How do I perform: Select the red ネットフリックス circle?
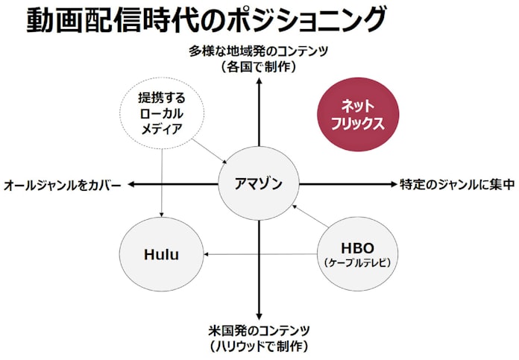coord(358,115)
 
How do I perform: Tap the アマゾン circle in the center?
coord(259,183)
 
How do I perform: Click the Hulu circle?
coord(162,254)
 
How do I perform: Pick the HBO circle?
coord(357,254)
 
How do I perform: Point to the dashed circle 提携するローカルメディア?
coord(162,113)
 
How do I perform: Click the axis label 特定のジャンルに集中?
coord(457,185)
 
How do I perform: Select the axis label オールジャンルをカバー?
coord(62,186)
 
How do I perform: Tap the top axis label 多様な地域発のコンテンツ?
coord(259,51)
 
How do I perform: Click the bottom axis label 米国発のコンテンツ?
coord(259,330)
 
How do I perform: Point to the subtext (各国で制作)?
coord(259,67)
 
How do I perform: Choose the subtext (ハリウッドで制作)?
coord(259,347)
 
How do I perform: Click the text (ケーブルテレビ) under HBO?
coord(357,263)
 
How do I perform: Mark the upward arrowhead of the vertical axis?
coord(259,81)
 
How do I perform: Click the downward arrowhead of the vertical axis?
coord(259,316)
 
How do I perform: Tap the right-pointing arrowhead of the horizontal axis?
coord(394,184)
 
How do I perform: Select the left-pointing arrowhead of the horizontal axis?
coord(131,184)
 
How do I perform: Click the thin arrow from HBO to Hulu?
coord(260,254)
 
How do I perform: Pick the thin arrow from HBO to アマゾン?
coord(310,216)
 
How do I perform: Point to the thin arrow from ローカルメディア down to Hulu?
coord(162,183)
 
